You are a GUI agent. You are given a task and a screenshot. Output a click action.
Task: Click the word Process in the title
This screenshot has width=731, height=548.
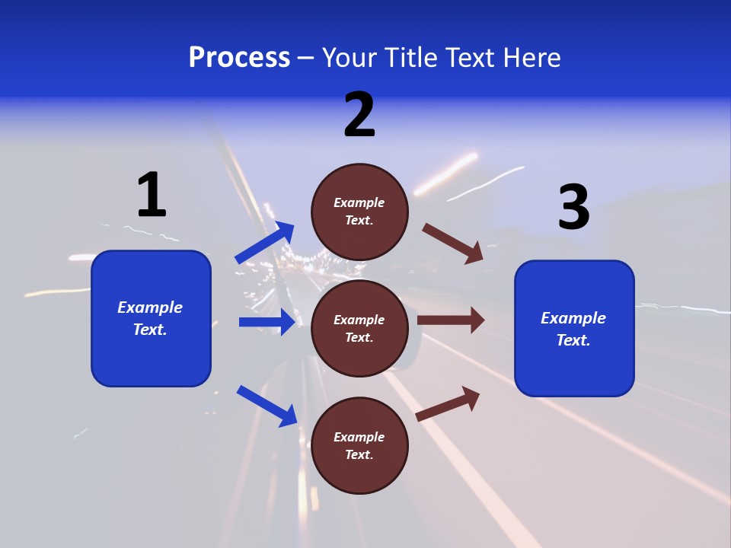(239, 58)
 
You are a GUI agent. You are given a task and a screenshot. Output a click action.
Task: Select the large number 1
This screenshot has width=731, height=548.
(152, 195)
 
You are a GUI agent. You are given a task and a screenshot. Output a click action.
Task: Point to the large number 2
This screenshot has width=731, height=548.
(359, 116)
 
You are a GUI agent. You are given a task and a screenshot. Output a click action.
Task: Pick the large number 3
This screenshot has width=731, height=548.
(573, 208)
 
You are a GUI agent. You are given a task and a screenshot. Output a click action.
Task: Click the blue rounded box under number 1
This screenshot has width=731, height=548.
(151, 318)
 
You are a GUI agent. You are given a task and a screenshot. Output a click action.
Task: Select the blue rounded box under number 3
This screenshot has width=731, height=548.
(574, 328)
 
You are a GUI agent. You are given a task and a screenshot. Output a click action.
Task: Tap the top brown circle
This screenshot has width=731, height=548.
(359, 212)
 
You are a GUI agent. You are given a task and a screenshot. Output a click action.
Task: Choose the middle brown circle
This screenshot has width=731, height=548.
(359, 328)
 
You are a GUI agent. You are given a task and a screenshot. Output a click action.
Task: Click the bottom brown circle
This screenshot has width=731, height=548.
(359, 445)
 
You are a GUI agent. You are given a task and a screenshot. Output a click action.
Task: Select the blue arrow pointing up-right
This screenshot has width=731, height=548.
(265, 243)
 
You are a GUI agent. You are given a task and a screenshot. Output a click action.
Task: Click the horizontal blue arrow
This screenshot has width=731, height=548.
(267, 322)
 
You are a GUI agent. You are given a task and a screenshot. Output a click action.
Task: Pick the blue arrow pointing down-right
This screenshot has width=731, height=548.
(267, 406)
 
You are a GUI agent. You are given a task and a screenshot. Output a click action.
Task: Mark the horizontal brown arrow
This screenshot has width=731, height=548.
(451, 320)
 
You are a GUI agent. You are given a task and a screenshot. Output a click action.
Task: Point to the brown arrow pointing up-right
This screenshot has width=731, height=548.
(448, 404)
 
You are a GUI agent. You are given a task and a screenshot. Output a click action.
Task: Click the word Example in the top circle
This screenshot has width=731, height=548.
(359, 202)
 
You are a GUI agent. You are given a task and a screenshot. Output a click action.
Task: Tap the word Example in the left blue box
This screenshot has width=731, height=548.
(150, 307)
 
